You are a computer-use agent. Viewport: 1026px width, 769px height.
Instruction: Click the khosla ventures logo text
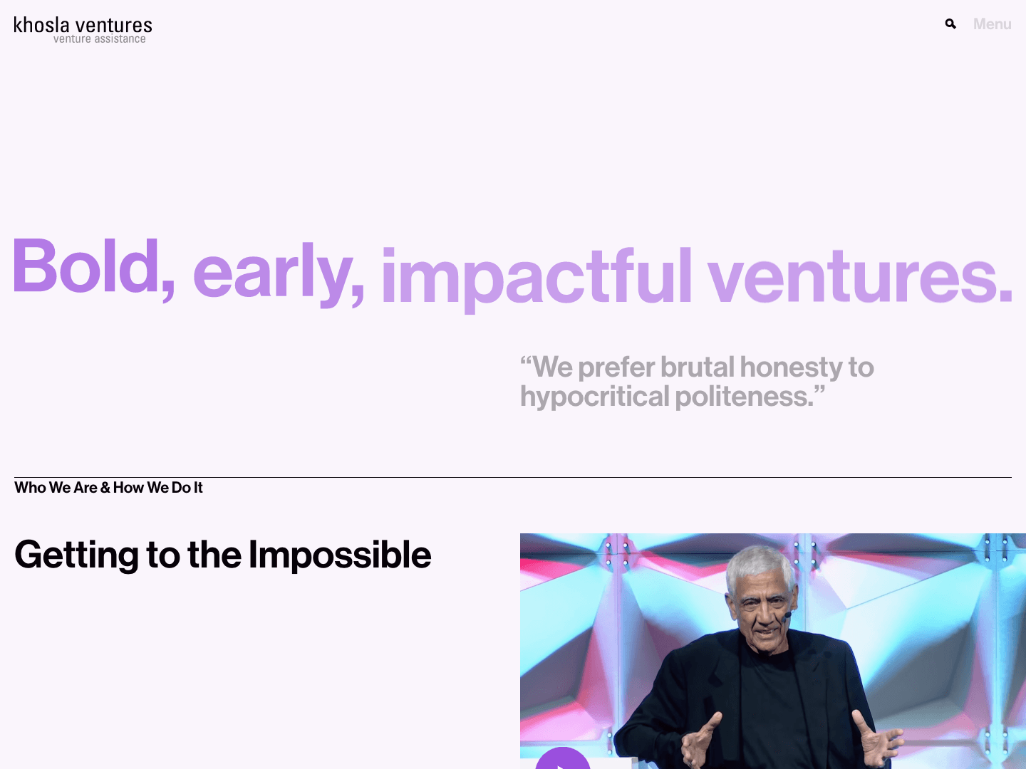coord(83,25)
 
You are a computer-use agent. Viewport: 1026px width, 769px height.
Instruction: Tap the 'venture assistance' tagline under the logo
coord(99,39)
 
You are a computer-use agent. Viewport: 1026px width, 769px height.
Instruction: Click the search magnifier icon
coord(950,24)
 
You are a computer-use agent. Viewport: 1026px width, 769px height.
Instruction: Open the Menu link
coord(992,24)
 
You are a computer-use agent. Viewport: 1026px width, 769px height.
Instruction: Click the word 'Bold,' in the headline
coord(93,267)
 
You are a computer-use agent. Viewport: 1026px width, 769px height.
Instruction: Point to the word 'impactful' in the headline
coord(537,276)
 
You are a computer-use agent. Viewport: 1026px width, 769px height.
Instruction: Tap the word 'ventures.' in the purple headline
coord(859,276)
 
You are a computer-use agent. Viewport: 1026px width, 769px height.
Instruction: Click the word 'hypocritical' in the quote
coord(594,397)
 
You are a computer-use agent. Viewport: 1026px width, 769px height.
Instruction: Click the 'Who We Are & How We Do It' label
coord(108,488)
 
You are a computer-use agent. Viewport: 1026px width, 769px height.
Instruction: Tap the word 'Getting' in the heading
coord(76,555)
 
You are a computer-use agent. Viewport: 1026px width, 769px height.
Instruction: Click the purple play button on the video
coord(563,760)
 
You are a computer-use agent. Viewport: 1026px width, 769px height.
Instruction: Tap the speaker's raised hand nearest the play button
coord(701,741)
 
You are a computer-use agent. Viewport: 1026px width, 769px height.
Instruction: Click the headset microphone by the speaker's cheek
coord(787,614)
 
